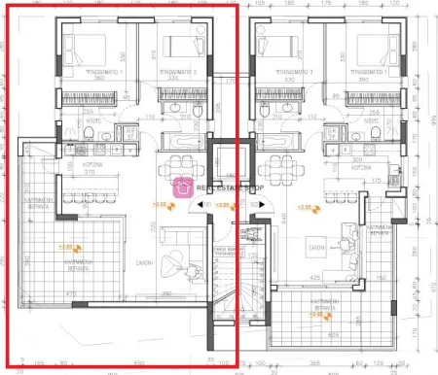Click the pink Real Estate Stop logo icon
click(x=181, y=187)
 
